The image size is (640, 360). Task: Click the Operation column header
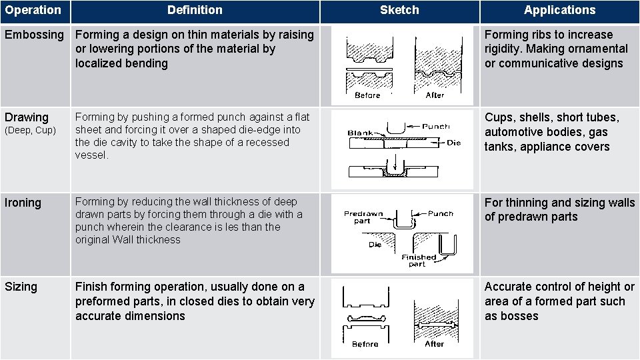pyautogui.click(x=33, y=10)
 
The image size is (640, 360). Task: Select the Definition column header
pyautogui.click(x=195, y=10)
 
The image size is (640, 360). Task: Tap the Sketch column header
pyautogui.click(x=399, y=10)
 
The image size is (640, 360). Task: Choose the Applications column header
pyautogui.click(x=559, y=10)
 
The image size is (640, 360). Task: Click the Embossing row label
pyautogui.click(x=34, y=35)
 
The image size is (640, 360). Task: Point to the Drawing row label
pyautogui.click(x=27, y=117)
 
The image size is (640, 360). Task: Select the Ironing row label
pyautogui.click(x=23, y=203)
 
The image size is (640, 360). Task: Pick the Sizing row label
pyautogui.click(x=21, y=287)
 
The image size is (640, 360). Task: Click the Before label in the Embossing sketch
pyautogui.click(x=367, y=95)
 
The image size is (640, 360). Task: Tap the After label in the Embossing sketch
pyautogui.click(x=435, y=95)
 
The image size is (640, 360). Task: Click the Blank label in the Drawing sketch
pyautogui.click(x=359, y=133)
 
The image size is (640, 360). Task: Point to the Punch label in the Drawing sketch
pyautogui.click(x=436, y=126)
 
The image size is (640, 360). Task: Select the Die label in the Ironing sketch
pyautogui.click(x=375, y=245)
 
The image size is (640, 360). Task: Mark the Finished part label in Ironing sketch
pyautogui.click(x=419, y=261)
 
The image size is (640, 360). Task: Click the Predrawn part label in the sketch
pyautogui.click(x=363, y=217)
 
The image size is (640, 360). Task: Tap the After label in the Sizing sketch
pyautogui.click(x=434, y=344)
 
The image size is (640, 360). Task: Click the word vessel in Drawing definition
pyautogui.click(x=91, y=155)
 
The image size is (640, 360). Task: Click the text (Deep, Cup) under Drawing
pyautogui.click(x=30, y=131)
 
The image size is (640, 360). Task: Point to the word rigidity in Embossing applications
pyautogui.click(x=503, y=49)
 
